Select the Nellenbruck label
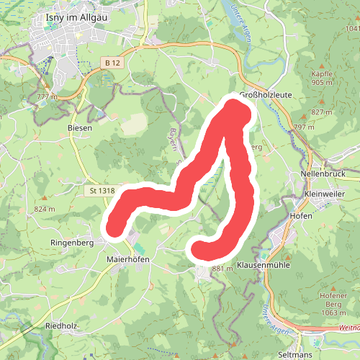pyautogui.click(x=323, y=175)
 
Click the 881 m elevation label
pyautogui.click(x=224, y=269)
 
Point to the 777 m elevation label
pyautogui.click(x=46, y=96)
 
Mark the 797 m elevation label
pyautogui.click(x=305, y=127)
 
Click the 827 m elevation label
pyautogui.click(x=322, y=112)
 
